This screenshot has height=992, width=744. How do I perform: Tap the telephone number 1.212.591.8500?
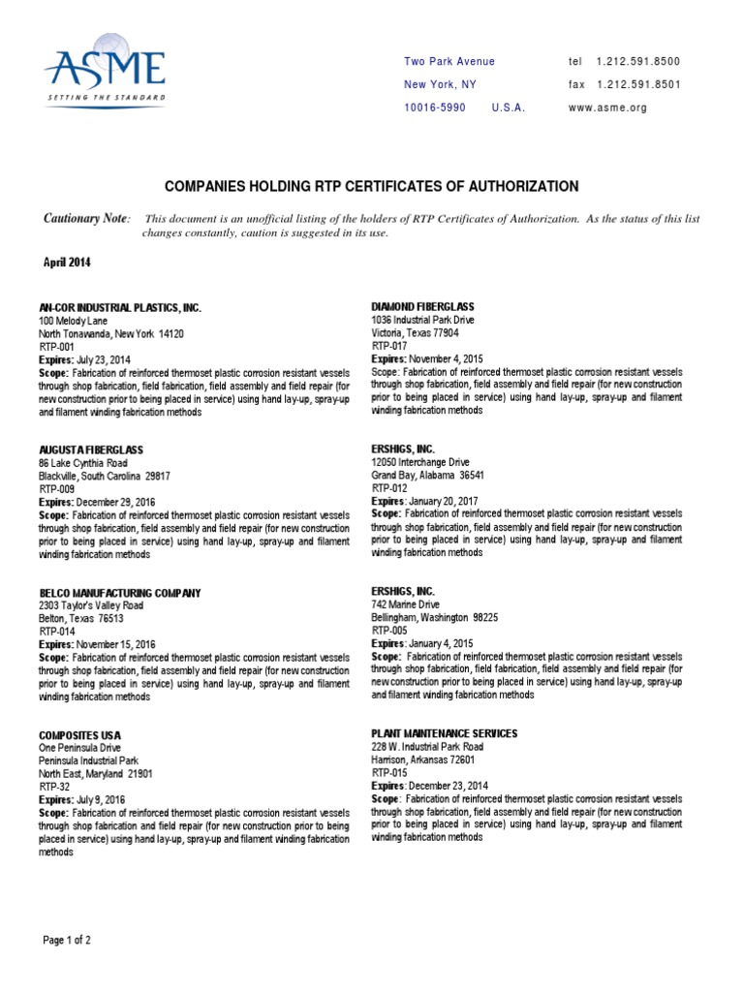click(x=638, y=62)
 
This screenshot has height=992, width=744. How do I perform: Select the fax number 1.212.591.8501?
click(x=638, y=85)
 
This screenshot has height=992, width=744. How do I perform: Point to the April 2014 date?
click(x=69, y=263)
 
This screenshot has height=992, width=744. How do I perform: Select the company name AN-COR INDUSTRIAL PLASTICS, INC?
click(x=119, y=307)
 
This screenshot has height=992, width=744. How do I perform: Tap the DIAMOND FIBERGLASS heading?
click(x=423, y=307)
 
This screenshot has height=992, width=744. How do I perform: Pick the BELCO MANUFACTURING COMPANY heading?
click(x=119, y=593)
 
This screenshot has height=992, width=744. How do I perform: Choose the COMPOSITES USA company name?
click(x=79, y=736)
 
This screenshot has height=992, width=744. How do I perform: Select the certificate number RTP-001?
click(x=57, y=346)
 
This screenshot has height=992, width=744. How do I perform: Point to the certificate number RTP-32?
click(x=54, y=788)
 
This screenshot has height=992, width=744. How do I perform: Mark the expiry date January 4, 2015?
click(x=437, y=643)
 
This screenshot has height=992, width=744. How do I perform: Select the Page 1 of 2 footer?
click(x=68, y=941)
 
